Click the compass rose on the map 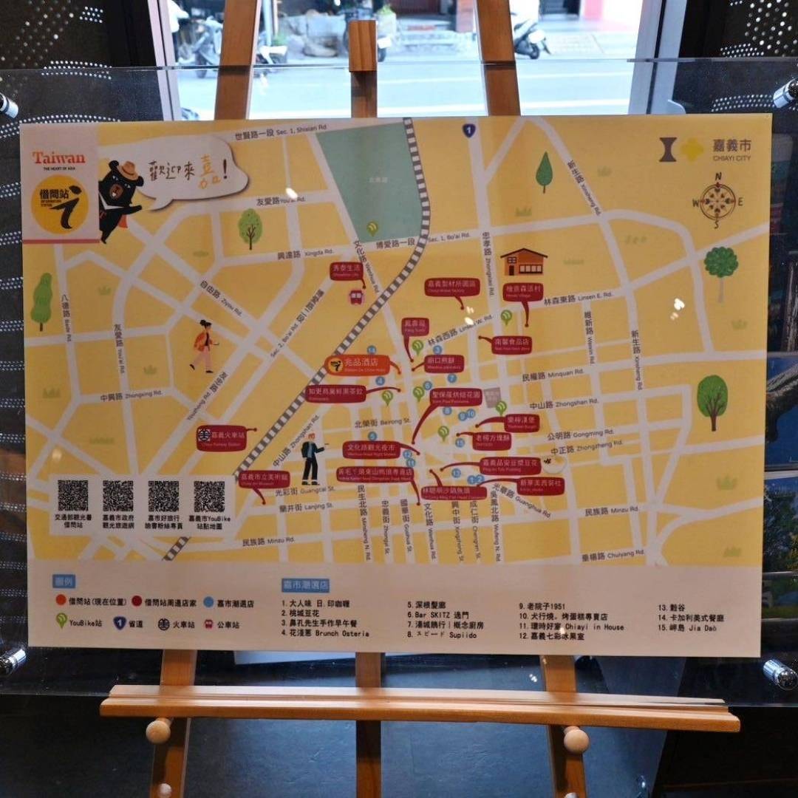[717, 200]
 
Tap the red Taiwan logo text [58, 158]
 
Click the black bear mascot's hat [130, 170]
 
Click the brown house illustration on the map [523, 262]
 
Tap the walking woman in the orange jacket [202, 345]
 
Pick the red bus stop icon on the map [356, 297]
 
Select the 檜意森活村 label [523, 290]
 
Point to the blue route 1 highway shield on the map [468, 131]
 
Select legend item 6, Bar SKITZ [438, 615]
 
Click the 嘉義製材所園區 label [452, 287]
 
